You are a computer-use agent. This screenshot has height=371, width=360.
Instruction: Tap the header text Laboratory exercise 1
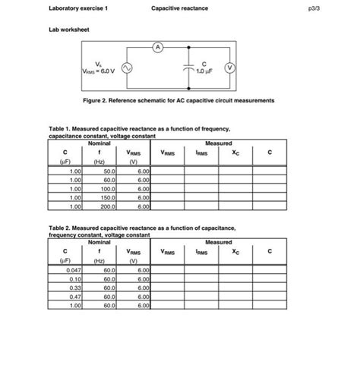[x=77, y=9]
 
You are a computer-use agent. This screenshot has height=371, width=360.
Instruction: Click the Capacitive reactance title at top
[x=179, y=9]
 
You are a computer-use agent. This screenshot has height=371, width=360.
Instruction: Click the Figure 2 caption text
[x=178, y=100]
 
